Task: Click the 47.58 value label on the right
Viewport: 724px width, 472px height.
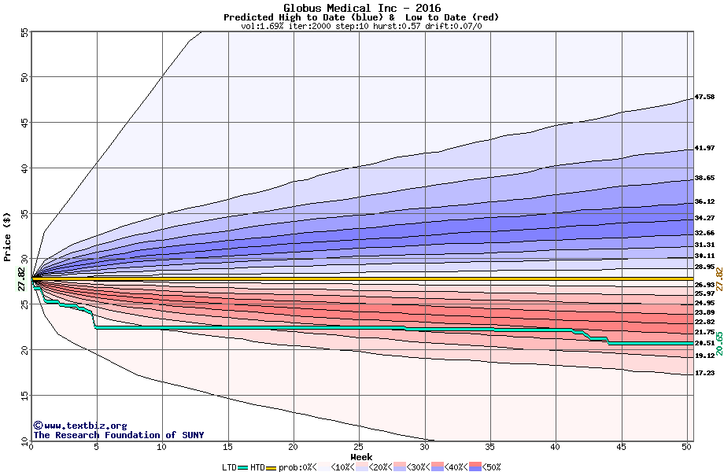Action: click(704, 98)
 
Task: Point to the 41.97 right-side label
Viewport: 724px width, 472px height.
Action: click(704, 149)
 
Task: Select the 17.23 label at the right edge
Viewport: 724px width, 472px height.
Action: click(704, 373)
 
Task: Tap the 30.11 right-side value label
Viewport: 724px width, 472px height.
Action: click(704, 256)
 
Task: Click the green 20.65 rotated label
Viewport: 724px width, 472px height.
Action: click(719, 342)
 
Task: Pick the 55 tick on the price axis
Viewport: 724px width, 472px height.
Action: click(24, 32)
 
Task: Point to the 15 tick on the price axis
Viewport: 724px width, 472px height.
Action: click(24, 395)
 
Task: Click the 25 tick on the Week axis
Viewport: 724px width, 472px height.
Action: click(359, 447)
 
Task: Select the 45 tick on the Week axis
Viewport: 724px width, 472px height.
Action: click(621, 447)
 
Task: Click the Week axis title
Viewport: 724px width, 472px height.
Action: click(361, 456)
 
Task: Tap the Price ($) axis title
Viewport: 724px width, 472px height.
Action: click(7, 237)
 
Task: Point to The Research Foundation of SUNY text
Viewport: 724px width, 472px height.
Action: click(118, 435)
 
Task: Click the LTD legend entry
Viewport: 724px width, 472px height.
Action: click(229, 467)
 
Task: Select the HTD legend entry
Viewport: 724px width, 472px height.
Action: click(257, 467)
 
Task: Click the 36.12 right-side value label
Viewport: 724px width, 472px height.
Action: click(704, 202)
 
